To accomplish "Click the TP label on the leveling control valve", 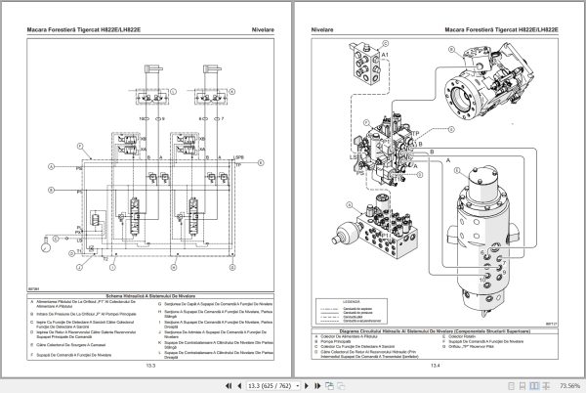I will point(416,131).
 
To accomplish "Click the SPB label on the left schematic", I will point(239,156).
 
